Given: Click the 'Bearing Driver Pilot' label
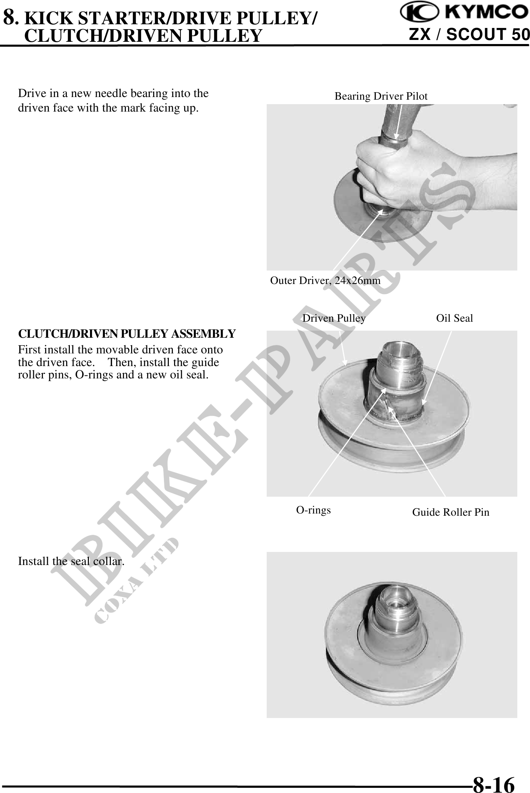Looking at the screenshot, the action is pyautogui.click(x=381, y=96).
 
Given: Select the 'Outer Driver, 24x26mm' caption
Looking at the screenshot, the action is pyautogui.click(x=325, y=280).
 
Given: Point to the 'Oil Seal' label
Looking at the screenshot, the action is pyautogui.click(x=455, y=318).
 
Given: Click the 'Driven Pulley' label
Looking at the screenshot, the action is pyautogui.click(x=334, y=318).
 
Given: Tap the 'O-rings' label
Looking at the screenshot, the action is pyautogui.click(x=313, y=510).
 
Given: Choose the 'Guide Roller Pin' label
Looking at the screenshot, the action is pyautogui.click(x=451, y=512).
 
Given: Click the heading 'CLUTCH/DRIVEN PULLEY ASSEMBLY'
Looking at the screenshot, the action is pyautogui.click(x=127, y=333).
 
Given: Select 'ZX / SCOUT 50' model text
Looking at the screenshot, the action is pyautogui.click(x=469, y=35).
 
